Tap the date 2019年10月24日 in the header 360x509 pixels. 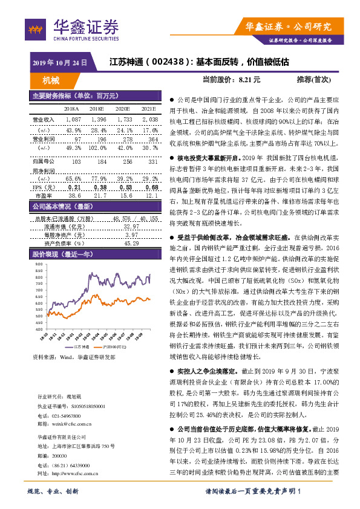(59, 62)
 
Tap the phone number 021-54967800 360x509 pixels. (65, 417)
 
